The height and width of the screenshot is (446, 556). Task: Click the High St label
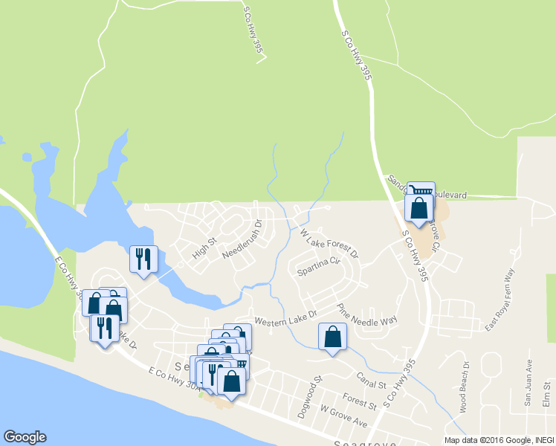point(203,248)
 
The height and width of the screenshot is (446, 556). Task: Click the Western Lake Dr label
point(285,317)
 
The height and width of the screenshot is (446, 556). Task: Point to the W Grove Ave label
point(343,415)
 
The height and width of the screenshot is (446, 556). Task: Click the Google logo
point(25,437)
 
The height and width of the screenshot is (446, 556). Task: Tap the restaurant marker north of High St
point(143,260)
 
